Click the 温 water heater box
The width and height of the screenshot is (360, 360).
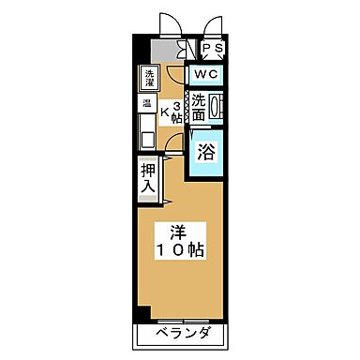tap(148, 103)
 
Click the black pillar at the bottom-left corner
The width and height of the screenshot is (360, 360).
tap(141, 312)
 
